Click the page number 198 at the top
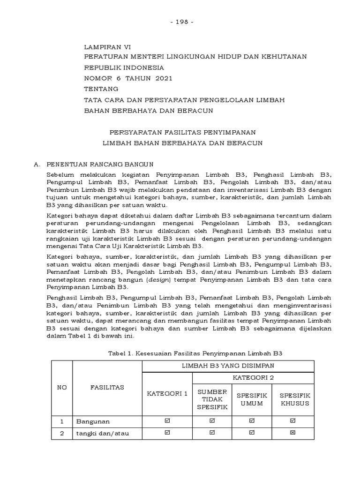coord(180,22)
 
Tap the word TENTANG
coord(101,89)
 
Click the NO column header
coord(61,388)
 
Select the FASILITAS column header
coord(107,388)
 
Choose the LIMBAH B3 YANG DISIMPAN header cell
coord(228,366)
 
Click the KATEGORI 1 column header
coord(167,393)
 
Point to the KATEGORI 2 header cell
coord(253,377)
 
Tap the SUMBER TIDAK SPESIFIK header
coord(212,399)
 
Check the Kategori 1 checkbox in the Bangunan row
coord(167,421)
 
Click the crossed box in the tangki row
coord(293,433)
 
